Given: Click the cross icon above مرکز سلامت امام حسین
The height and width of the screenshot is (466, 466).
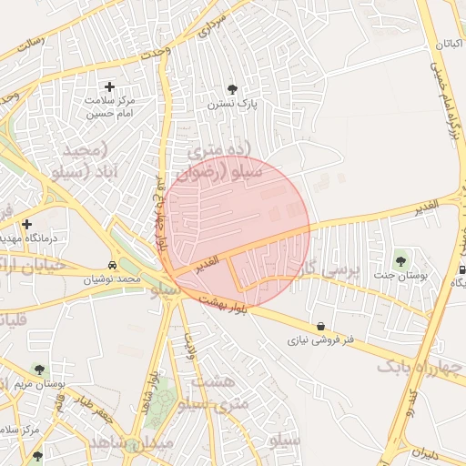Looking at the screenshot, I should click(110, 86).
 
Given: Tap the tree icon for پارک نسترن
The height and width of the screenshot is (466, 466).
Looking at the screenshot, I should click(232, 89).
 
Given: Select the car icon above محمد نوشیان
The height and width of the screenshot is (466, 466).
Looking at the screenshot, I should click(112, 265).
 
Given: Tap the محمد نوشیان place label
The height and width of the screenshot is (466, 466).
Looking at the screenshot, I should click(113, 279).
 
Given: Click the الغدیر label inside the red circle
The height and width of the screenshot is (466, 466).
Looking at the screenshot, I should click(207, 262).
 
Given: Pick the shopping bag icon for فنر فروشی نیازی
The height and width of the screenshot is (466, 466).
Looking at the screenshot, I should click(320, 327).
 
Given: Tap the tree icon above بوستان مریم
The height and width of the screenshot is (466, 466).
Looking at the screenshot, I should click(38, 370).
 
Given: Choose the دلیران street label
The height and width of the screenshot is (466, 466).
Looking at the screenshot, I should click(424, 451).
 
